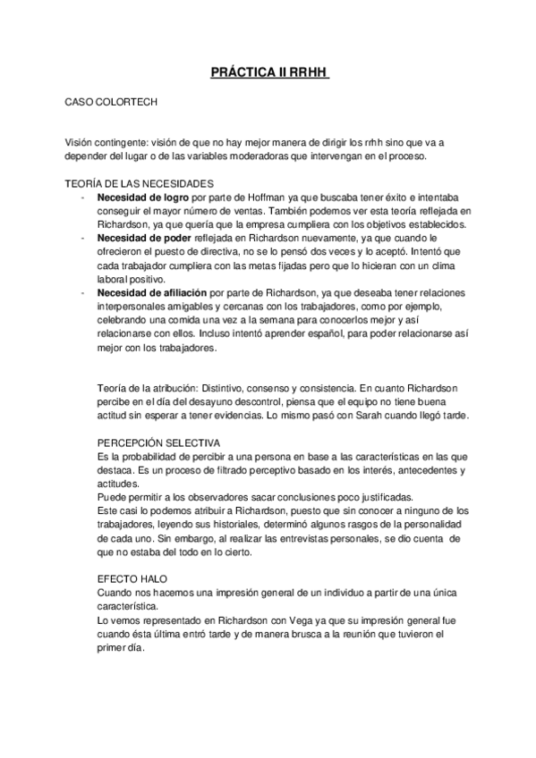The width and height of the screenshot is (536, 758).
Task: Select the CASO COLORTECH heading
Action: point(111,102)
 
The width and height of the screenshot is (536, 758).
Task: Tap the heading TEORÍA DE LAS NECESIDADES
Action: point(133,182)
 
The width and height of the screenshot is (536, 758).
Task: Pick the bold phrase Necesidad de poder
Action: point(142,239)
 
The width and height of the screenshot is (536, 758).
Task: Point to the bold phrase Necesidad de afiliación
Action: point(151,293)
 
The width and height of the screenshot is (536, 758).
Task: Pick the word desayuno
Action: point(200,402)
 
